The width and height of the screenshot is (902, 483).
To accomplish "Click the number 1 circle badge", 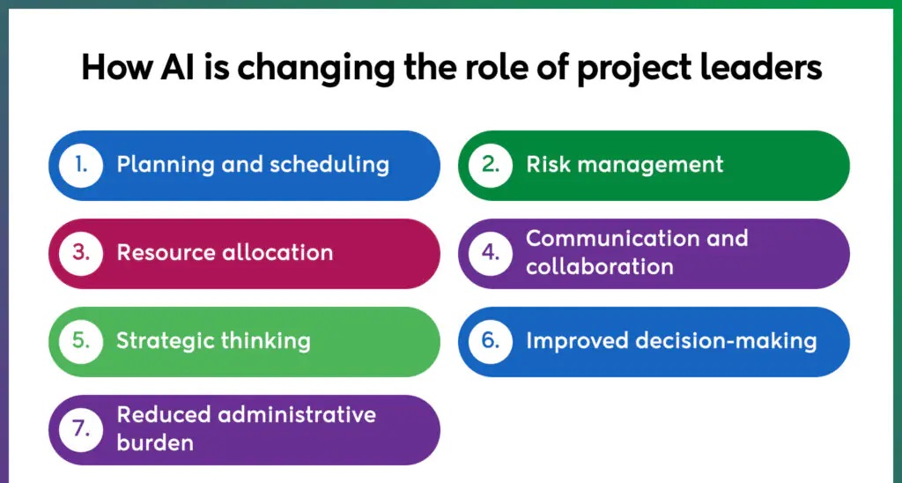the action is pyautogui.click(x=81, y=165).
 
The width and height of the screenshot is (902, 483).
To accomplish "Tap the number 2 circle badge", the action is pyautogui.click(x=490, y=165).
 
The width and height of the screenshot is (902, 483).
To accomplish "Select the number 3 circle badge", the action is pyautogui.click(x=81, y=253).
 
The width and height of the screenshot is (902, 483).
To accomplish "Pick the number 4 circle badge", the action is pyautogui.click(x=490, y=253).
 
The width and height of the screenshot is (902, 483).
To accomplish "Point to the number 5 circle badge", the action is pyautogui.click(x=81, y=341).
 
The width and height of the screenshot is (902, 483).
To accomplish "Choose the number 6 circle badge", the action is pyautogui.click(x=490, y=341).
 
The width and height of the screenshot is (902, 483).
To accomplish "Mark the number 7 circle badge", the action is pyautogui.click(x=81, y=429).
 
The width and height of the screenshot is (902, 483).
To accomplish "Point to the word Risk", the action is pyautogui.click(x=546, y=165).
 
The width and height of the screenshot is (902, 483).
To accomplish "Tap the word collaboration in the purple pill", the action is pyautogui.click(x=599, y=266).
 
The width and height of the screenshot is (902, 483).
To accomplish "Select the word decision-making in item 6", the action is pyautogui.click(x=726, y=341).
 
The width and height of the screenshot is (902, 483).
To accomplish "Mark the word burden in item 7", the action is pyautogui.click(x=155, y=442).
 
